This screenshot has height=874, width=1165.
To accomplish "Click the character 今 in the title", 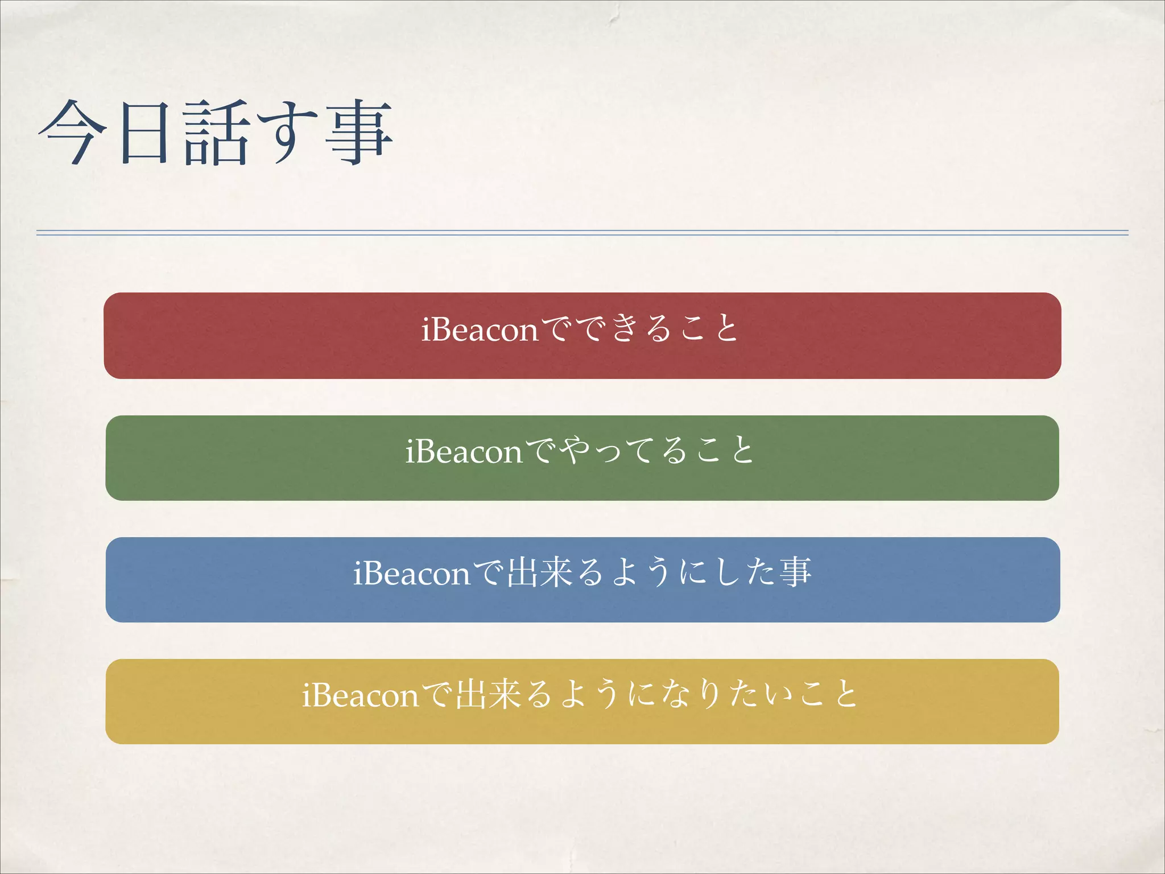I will tap(73, 132).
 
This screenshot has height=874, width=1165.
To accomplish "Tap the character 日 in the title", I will tap(144, 132).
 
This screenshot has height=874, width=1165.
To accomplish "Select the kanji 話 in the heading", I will tap(216, 132).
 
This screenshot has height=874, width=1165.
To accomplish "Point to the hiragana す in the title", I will tap(287, 132).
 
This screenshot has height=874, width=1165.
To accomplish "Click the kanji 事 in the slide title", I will tap(360, 132).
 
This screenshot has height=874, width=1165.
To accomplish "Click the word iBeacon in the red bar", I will tap(480, 329).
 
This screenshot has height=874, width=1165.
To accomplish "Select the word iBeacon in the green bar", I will tap(464, 452).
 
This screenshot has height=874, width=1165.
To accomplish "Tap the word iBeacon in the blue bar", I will tap(412, 574).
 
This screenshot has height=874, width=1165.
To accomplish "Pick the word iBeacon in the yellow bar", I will tap(360, 695).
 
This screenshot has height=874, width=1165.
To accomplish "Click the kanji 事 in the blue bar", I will tap(795, 572).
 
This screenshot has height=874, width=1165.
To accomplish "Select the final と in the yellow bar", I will tap(846, 694).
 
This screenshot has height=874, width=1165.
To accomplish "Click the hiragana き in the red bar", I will tap(625, 328).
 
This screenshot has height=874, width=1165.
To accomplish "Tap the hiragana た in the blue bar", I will tap(761, 572).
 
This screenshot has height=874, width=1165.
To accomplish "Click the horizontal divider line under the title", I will tap(582, 233).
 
